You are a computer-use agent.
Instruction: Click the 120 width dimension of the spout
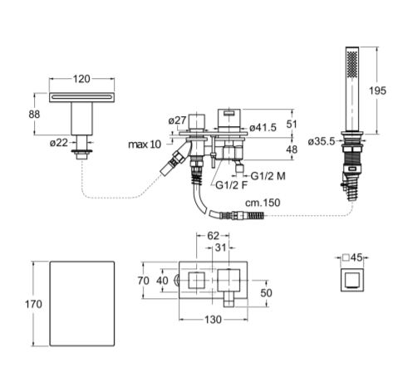tap(81, 79)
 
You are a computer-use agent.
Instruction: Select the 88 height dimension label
tap(34, 114)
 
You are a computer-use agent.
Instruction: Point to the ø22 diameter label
tap(59, 143)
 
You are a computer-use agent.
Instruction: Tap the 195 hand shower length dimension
tap(377, 91)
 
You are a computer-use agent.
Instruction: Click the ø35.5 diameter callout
tap(322, 142)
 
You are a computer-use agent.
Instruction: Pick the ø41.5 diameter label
tap(263, 128)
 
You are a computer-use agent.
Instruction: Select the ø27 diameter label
tap(178, 120)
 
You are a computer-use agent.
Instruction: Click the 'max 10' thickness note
tap(145, 144)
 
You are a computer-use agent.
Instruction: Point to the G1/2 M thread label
tap(268, 176)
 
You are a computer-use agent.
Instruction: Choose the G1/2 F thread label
tap(231, 185)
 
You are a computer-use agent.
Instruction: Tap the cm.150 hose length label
tap(263, 203)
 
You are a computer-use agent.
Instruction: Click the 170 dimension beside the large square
tap(33, 304)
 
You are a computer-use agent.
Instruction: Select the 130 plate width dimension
tap(213, 320)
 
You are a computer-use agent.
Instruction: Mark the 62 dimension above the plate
tap(213, 236)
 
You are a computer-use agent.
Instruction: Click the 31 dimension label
tap(221, 247)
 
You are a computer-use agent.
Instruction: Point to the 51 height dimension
tap(292, 125)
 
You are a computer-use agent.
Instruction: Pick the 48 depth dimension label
tap(292, 149)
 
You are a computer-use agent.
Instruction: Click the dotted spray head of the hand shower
tap(352, 63)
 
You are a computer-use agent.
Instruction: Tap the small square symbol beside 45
tap(346, 257)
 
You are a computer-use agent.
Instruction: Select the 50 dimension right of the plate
tap(266, 293)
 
